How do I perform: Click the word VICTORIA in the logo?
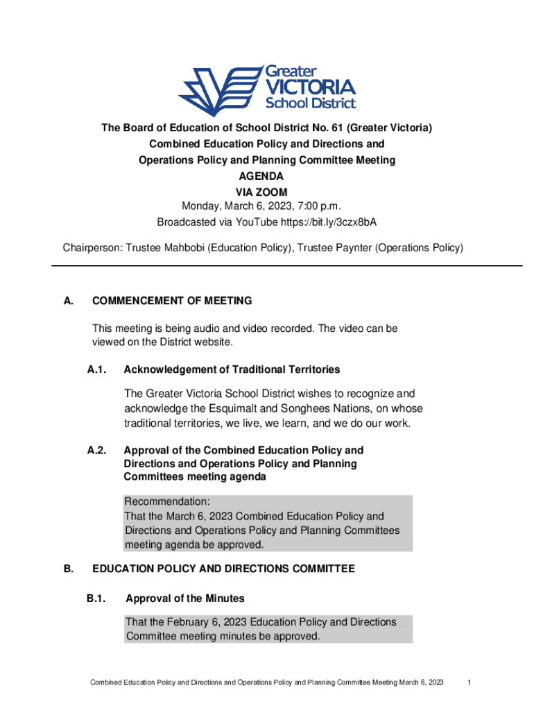point(311,87)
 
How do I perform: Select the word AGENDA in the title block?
point(266,176)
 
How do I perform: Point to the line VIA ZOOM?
point(266,192)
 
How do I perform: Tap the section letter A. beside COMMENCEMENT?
point(68,301)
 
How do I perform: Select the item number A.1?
point(96,369)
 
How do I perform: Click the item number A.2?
point(96,450)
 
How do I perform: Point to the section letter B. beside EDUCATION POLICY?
point(68,569)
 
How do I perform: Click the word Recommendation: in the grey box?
point(166,502)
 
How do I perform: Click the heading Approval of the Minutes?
point(184,598)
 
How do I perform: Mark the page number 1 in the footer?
point(470,683)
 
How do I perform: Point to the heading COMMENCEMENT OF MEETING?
point(172,301)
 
